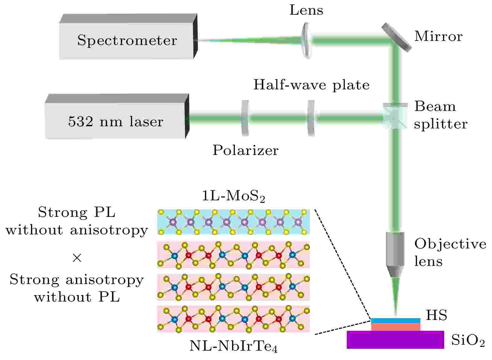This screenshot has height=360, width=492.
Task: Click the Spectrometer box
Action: (x=127, y=40)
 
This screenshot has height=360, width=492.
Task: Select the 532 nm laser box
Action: (x=116, y=121)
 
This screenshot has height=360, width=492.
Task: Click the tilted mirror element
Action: (x=396, y=37)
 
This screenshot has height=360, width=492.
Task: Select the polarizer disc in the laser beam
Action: (x=245, y=118)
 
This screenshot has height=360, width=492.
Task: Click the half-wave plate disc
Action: (x=311, y=118)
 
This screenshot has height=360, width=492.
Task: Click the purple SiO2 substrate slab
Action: (x=395, y=340)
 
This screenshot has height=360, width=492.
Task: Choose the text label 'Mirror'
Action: (x=438, y=37)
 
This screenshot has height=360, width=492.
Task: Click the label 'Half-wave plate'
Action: (x=311, y=85)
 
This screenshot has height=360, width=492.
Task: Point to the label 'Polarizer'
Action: (x=245, y=150)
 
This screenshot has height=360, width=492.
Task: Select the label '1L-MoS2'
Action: (x=233, y=196)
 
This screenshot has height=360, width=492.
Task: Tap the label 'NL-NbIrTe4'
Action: (x=233, y=347)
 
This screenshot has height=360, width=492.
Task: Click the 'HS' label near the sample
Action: (x=436, y=315)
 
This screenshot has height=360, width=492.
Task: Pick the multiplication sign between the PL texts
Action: (x=77, y=258)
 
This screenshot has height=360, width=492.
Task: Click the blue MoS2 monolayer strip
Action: (x=233, y=222)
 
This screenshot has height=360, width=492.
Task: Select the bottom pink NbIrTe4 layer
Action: (x=233, y=319)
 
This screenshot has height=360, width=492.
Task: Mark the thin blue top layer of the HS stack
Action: (x=395, y=321)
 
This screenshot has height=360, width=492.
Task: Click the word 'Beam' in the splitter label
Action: (x=435, y=107)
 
